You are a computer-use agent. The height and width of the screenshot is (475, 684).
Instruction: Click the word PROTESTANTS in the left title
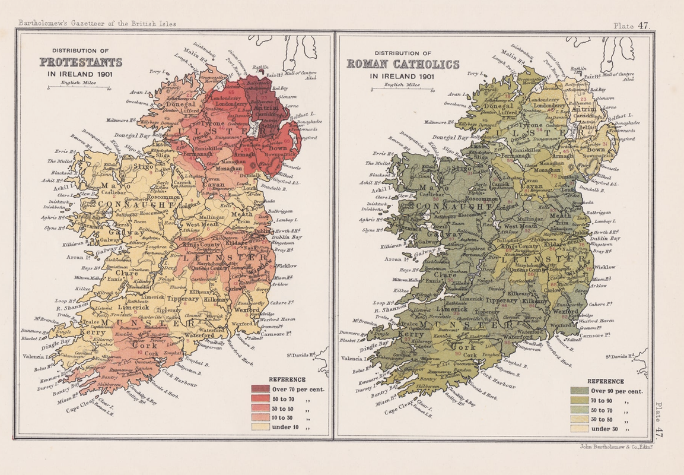[x=81, y=62]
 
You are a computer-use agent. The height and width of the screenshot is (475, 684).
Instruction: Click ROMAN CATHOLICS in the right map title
[x=403, y=64]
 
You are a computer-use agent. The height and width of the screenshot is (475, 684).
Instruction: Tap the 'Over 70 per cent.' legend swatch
[x=260, y=389]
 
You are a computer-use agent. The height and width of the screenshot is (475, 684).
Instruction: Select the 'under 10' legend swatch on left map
[x=260, y=426]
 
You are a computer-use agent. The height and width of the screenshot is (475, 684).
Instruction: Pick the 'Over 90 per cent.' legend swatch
[x=579, y=391]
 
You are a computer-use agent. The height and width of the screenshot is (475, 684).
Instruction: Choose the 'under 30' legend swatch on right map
[x=579, y=429]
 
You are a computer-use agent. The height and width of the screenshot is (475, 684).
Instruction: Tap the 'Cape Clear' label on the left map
[x=80, y=408]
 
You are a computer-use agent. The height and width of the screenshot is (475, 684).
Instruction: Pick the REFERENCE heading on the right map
[x=606, y=381]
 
